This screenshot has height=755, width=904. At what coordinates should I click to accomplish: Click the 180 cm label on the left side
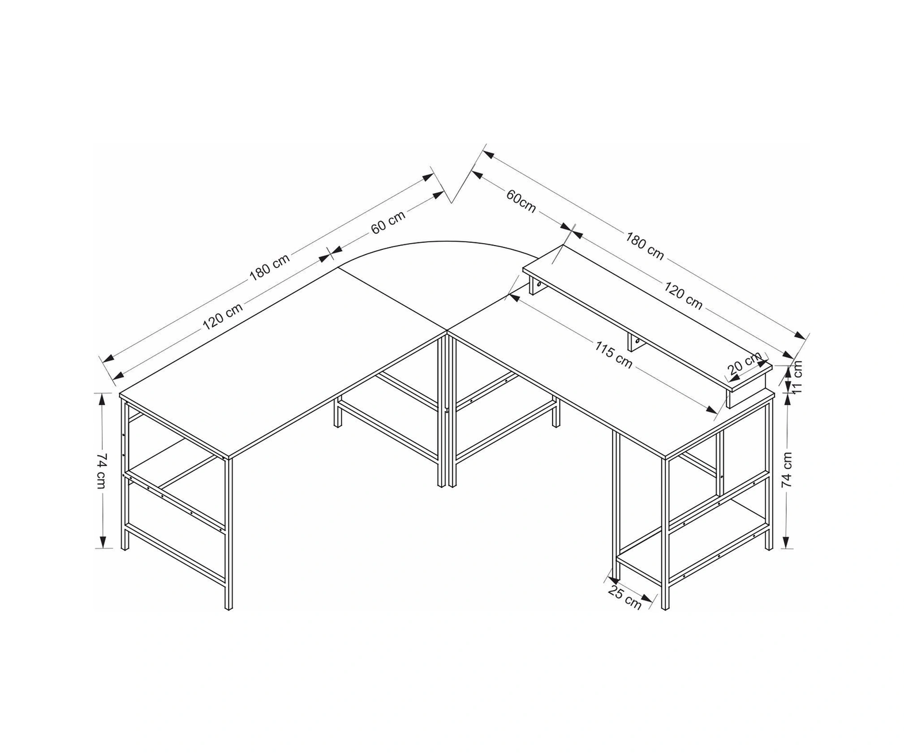click(270, 267)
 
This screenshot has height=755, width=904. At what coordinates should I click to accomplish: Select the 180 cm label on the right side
click(645, 246)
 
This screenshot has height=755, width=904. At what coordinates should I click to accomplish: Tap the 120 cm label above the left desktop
click(223, 316)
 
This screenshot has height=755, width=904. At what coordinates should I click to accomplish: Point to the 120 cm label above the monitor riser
click(683, 296)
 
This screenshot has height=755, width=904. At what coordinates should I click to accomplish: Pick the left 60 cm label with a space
click(388, 222)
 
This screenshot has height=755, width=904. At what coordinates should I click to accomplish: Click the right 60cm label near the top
click(521, 201)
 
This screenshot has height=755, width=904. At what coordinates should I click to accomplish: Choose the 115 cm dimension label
click(613, 355)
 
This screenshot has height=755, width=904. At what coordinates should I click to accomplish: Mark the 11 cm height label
click(797, 377)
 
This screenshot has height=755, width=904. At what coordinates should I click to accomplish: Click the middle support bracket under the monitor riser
click(635, 342)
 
